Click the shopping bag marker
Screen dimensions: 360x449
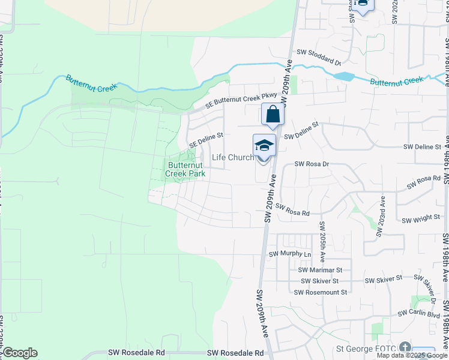273,114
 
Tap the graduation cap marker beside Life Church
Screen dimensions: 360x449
264,145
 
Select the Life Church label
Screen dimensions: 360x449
233,158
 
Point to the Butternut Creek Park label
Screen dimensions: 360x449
186,169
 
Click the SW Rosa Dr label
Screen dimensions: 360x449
312,164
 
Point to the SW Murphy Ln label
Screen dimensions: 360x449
291,254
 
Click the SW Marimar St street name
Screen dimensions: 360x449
320,271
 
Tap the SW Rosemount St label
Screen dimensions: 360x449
321,292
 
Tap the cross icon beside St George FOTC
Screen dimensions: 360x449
405,348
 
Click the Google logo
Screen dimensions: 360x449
20,353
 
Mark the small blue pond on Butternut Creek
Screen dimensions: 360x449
344,77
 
